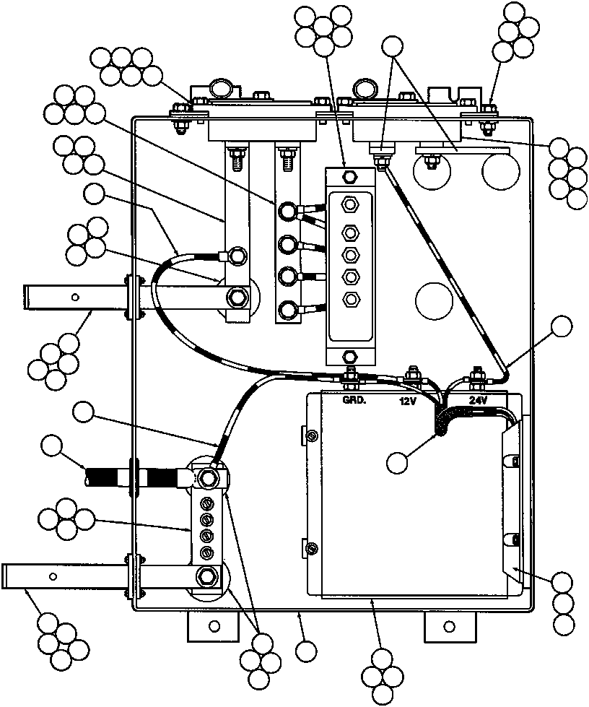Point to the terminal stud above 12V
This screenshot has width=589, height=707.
tap(414, 375)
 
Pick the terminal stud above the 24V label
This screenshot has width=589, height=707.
tap(476, 376)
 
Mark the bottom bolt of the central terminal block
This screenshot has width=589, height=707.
tap(351, 356)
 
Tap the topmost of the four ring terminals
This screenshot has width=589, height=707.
tap(287, 211)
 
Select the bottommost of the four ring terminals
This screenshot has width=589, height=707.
tap(287, 311)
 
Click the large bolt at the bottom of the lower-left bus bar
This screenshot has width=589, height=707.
tap(207, 576)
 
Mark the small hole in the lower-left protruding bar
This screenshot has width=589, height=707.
tap(53, 576)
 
